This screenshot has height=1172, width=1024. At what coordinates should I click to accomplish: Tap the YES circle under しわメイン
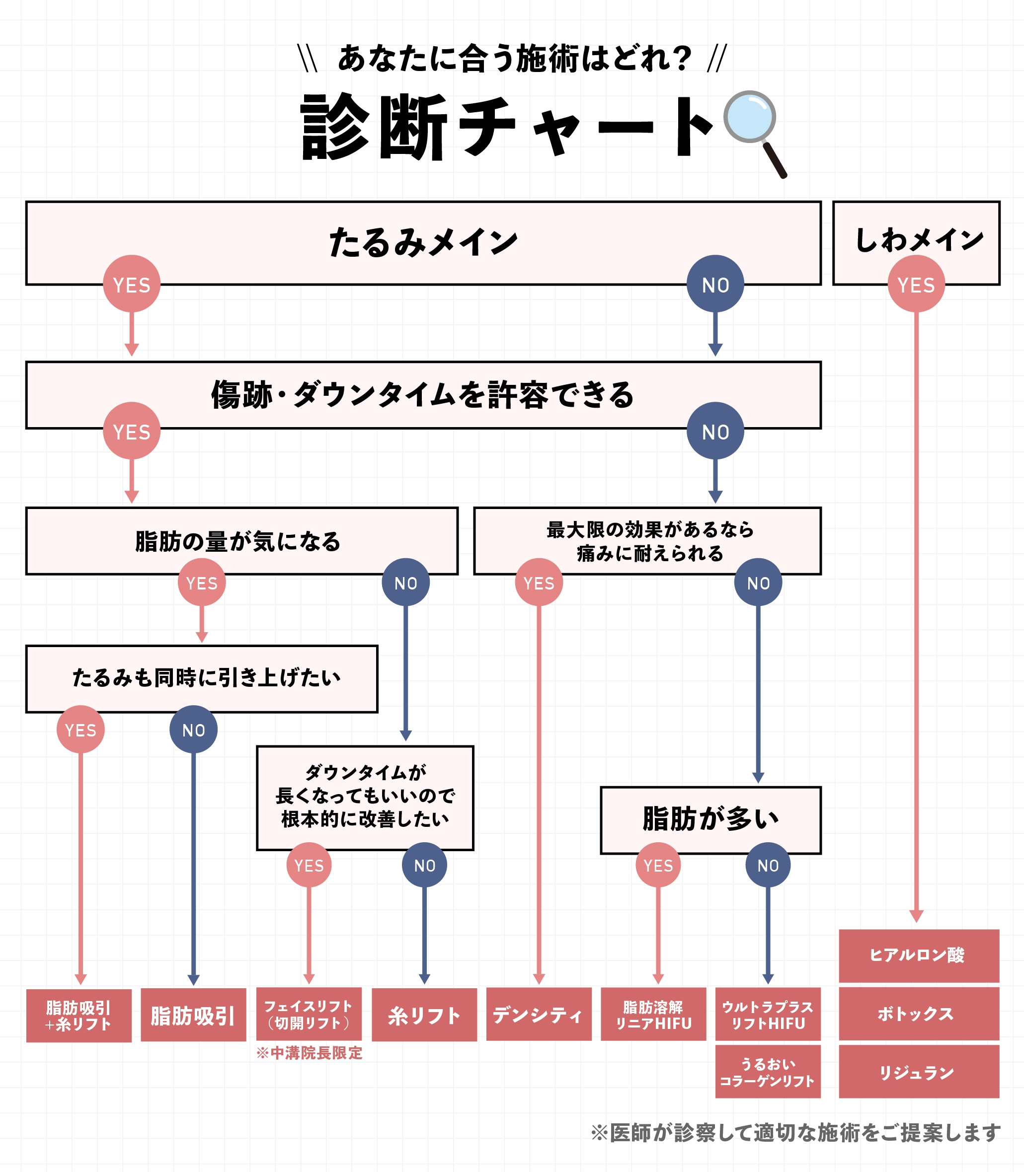point(916,284)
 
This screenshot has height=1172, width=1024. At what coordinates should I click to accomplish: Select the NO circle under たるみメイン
point(715,284)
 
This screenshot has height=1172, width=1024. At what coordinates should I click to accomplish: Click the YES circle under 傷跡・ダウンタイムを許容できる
point(132,431)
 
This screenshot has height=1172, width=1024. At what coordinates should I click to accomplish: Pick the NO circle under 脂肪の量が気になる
point(406,582)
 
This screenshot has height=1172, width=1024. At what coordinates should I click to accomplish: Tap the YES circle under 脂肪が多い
point(658,865)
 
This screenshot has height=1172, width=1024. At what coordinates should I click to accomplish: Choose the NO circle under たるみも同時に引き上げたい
point(193,730)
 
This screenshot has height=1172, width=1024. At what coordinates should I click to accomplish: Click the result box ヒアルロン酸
point(918,955)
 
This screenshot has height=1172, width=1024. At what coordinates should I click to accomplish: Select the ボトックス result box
point(918,1014)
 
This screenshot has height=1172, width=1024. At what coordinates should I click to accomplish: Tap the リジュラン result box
point(918,1072)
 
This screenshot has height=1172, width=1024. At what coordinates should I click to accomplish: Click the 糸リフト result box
point(424,1015)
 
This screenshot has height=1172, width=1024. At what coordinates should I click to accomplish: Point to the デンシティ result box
point(538,1015)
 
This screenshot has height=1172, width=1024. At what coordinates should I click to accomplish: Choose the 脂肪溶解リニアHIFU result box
point(653,1015)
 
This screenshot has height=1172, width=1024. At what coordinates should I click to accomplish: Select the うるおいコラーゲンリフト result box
point(768,1072)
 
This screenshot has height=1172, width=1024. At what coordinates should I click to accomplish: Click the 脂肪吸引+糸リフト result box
point(79,1016)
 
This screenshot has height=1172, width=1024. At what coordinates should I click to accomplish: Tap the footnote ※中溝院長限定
point(309,1053)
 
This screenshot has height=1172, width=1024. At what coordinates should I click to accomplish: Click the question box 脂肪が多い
point(710,819)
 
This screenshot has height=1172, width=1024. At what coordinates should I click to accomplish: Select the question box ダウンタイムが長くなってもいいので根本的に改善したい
point(365,797)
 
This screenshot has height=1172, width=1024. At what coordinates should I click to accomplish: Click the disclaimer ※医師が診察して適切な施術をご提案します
point(795,1133)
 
